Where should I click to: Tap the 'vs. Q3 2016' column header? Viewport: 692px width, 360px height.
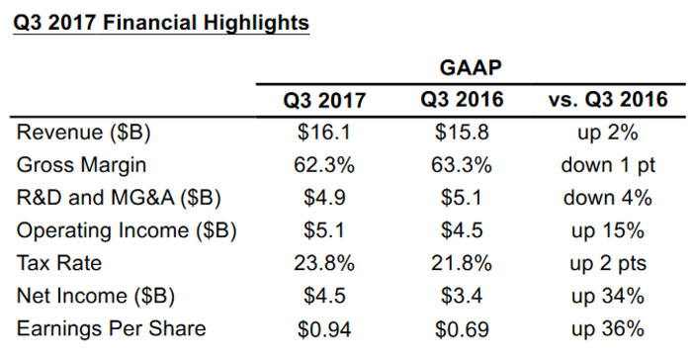tap(607, 100)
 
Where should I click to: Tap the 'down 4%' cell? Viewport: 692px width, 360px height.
tap(607, 198)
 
